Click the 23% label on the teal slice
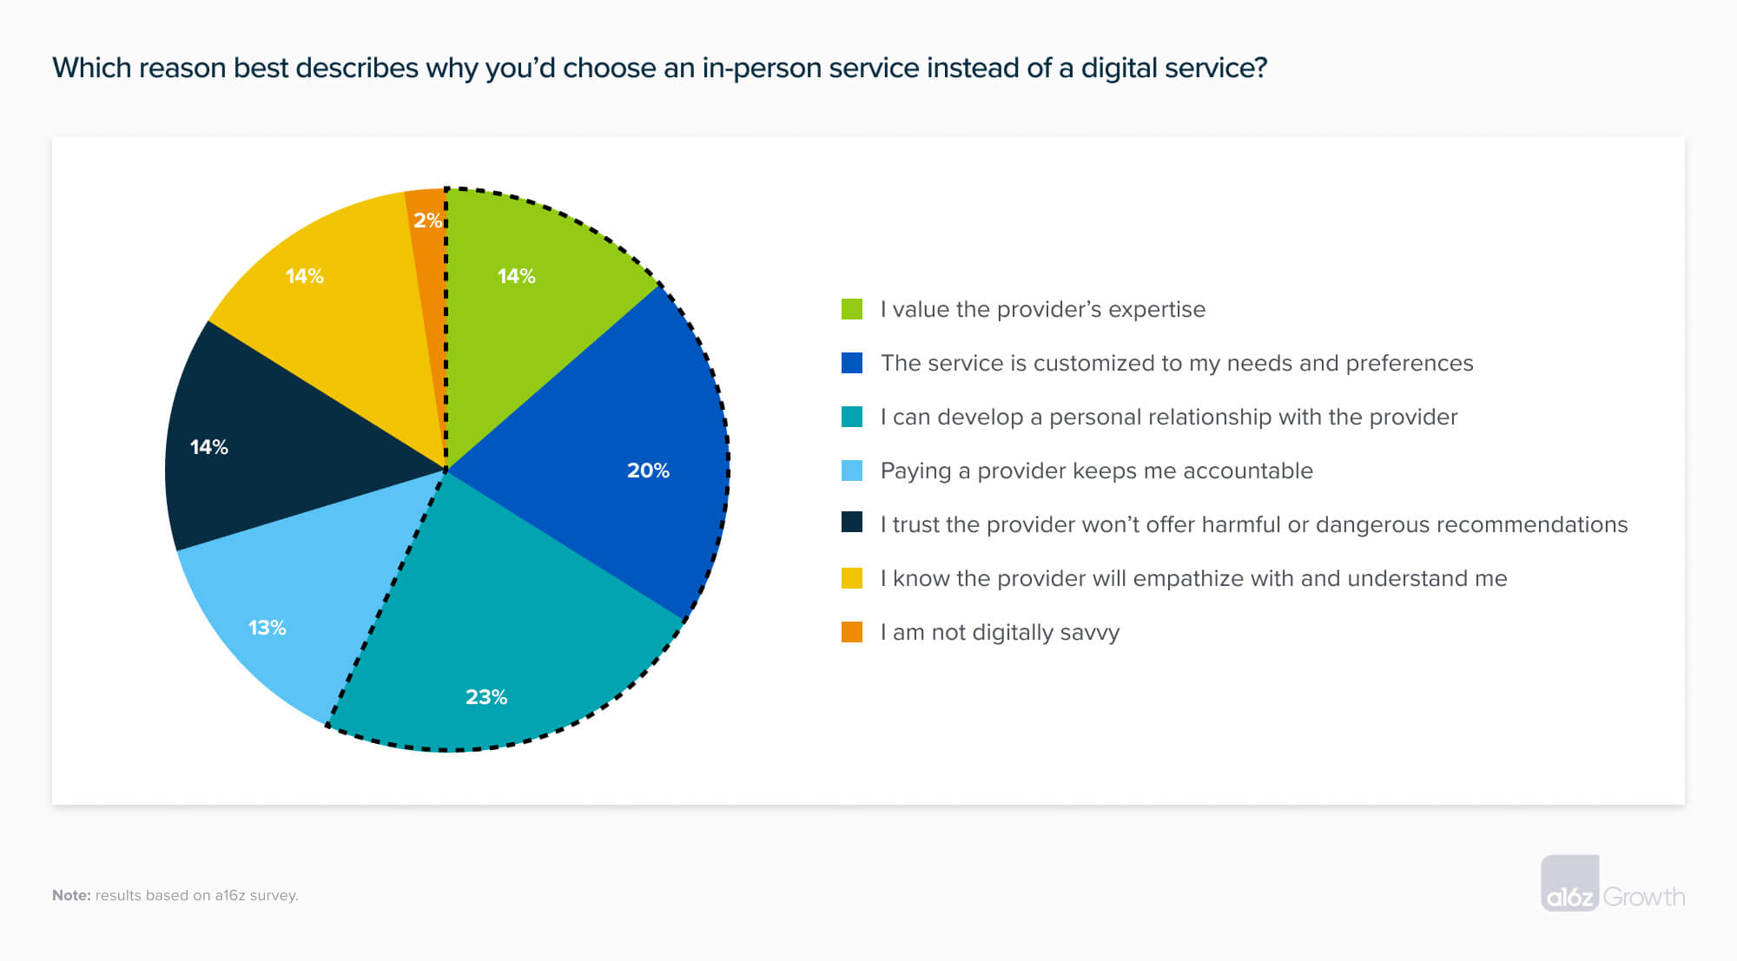pyautogui.click(x=485, y=697)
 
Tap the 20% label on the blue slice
pyautogui.click(x=648, y=471)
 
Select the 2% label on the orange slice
pyautogui.click(x=427, y=221)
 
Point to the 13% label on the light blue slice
pyautogui.click(x=267, y=628)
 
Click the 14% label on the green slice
pyautogui.click(x=516, y=276)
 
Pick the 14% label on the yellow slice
pyautogui.click(x=304, y=276)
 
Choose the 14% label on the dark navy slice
pyautogui.click(x=208, y=447)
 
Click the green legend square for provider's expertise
pyautogui.click(x=852, y=309)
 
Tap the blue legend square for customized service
pyautogui.click(x=852, y=363)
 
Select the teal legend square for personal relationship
pyautogui.click(x=852, y=417)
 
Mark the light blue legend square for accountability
pyautogui.click(x=852, y=471)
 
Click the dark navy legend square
pyautogui.click(x=852, y=523)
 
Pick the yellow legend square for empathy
pyautogui.click(x=852, y=578)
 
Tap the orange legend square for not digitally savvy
pyautogui.click(x=852, y=632)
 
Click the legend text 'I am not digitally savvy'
pyautogui.click(x=1000, y=632)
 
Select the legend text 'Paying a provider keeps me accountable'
pyautogui.click(x=1096, y=471)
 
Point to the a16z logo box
pyautogui.click(x=1569, y=884)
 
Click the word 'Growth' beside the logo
pyautogui.click(x=1643, y=897)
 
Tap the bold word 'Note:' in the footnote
pyautogui.click(x=71, y=895)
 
